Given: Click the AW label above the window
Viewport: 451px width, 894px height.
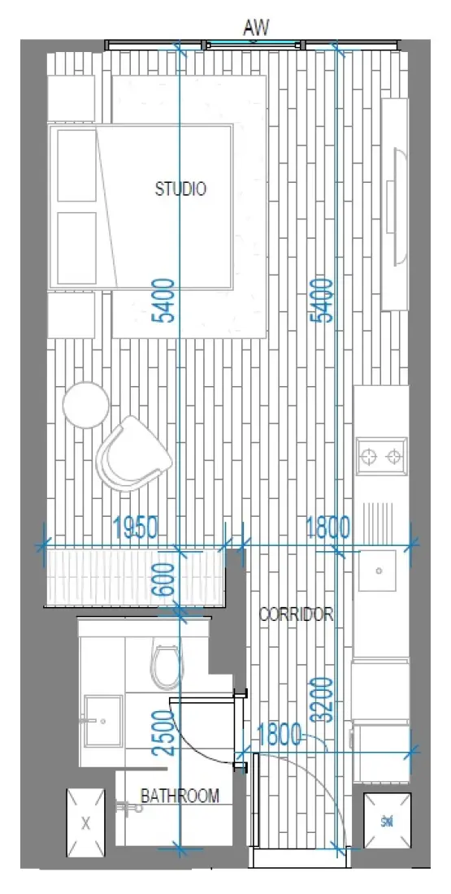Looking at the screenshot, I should pos(256,28).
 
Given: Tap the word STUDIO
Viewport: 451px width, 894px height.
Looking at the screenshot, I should pos(180,189).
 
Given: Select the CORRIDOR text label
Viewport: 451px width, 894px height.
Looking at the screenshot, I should pos(296,614).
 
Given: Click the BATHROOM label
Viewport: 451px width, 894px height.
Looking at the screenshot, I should pos(180,796).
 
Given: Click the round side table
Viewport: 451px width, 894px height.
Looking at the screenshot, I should pos(85,404).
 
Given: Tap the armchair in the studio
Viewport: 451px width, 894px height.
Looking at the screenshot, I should pos(132,454).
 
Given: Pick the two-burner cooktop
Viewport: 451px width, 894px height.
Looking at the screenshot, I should pos(381,457).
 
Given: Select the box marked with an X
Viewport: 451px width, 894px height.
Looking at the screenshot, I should pos(85,823).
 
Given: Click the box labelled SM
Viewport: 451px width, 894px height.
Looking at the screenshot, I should pos(385,822).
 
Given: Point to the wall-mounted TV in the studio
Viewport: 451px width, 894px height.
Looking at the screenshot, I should pos(396,205).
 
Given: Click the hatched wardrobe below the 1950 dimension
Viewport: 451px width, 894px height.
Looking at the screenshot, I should pos(134,576).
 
